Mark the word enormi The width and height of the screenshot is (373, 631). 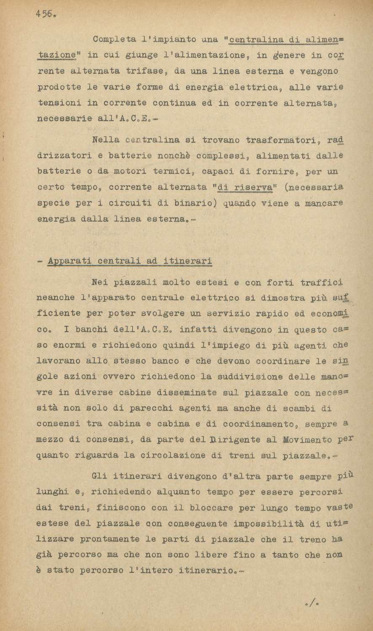[x=69, y=345]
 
